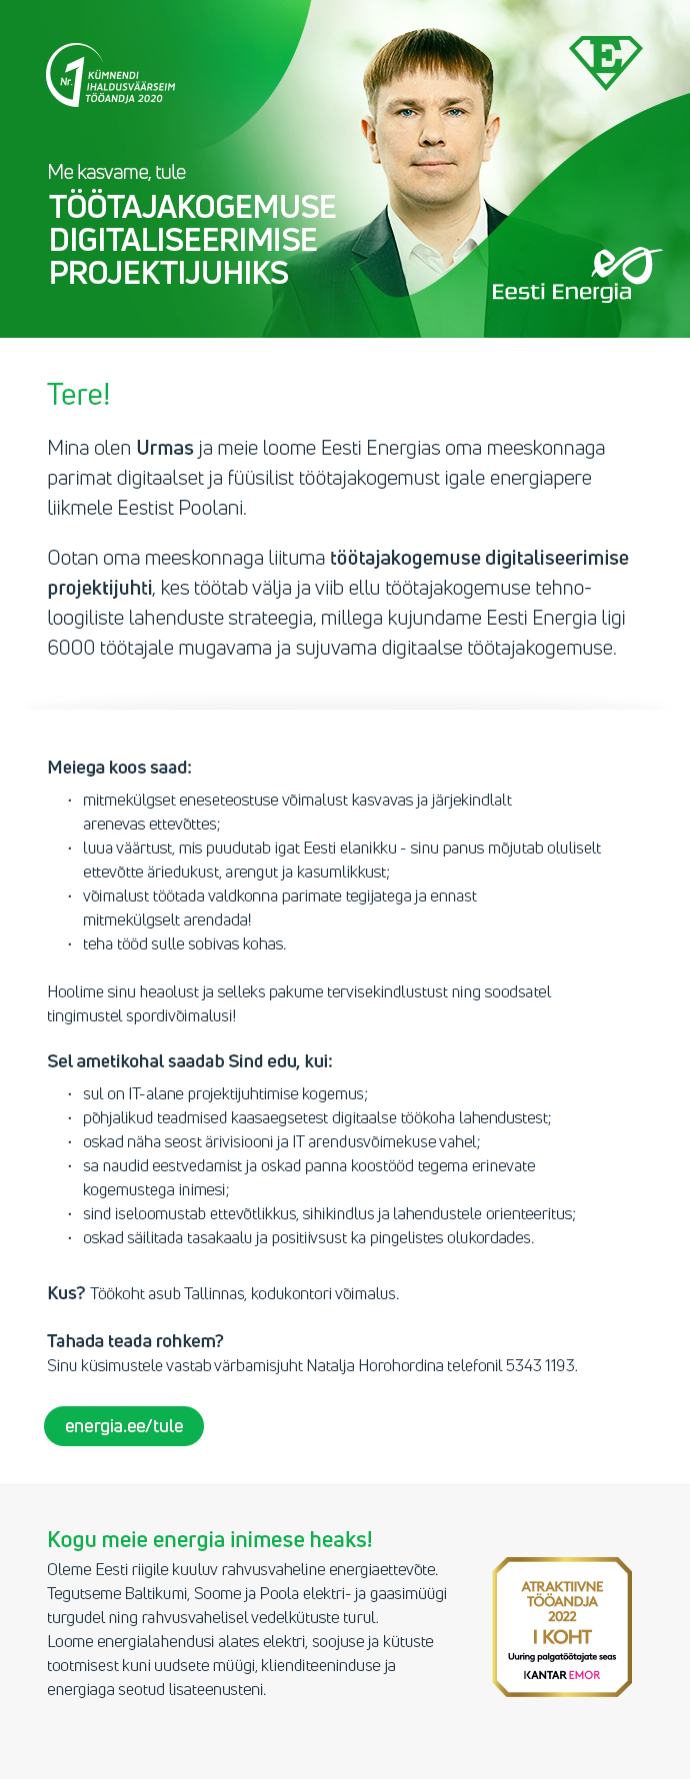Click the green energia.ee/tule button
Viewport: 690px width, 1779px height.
(124, 1426)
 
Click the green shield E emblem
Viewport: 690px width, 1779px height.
(605, 61)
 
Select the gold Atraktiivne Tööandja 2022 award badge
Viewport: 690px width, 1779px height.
(562, 1626)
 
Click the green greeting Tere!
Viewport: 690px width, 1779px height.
(78, 395)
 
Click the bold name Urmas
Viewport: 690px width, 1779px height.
(164, 448)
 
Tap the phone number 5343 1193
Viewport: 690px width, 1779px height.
(540, 1365)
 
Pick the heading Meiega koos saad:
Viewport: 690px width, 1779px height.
(119, 768)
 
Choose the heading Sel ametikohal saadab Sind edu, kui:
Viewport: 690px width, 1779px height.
(190, 1061)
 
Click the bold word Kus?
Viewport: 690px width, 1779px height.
(66, 1293)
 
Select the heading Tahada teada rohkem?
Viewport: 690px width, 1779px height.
(135, 1341)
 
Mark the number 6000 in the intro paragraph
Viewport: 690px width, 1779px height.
(71, 648)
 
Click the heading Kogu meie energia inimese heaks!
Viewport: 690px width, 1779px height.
(209, 1539)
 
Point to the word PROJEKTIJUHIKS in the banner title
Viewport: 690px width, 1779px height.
(169, 273)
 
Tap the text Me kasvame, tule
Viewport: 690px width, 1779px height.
(117, 172)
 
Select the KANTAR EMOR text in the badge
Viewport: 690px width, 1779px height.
(562, 1674)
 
